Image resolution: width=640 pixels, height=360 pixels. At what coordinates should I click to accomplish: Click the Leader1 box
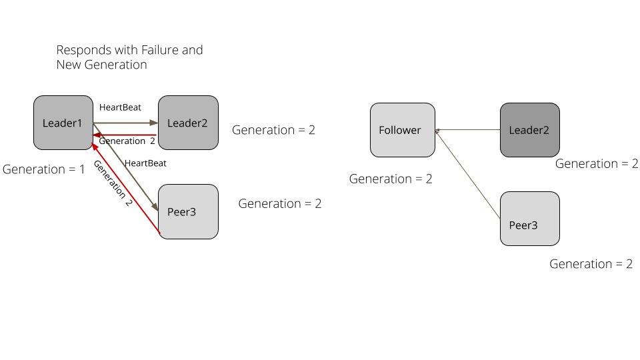coord(63,123)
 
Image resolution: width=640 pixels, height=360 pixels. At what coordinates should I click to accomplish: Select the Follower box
coord(402,130)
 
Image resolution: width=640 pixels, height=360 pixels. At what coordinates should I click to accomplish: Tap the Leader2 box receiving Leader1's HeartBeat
coord(187,123)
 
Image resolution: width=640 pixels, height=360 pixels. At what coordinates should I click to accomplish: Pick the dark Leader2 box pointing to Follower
coord(529,130)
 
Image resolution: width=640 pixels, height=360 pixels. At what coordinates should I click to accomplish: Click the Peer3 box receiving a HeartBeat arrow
coord(187,211)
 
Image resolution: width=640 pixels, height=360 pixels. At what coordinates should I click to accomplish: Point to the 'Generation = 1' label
coord(44,169)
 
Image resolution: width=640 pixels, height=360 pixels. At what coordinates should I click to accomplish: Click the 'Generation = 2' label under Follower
coord(391,179)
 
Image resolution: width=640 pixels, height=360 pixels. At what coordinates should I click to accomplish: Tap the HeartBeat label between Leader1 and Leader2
coord(120,107)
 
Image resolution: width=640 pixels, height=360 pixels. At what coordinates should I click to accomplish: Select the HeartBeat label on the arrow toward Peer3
coord(145,163)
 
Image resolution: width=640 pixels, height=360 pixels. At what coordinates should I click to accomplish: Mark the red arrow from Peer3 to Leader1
coord(127,186)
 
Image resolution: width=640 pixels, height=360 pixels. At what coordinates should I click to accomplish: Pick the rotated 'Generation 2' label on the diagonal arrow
coord(112,183)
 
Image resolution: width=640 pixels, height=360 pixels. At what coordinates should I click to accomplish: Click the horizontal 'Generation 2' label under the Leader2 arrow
coord(127,141)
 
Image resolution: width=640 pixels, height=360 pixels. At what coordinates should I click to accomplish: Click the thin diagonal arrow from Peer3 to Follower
coord(467,175)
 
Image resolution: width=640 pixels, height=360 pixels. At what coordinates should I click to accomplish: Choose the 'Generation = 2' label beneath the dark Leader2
coord(597,164)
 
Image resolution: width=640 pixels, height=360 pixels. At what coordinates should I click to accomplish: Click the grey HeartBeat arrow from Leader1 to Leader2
coord(127,123)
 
